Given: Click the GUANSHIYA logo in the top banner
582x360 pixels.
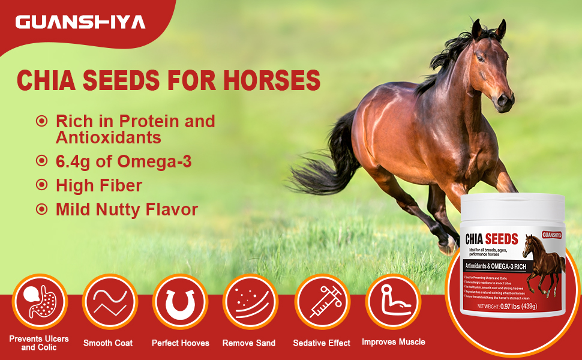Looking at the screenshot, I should click(x=80, y=23).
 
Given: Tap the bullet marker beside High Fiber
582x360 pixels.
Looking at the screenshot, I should click(x=41, y=185).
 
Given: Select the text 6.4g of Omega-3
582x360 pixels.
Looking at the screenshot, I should click(x=124, y=161).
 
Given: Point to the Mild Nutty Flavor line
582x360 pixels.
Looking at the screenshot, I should click(x=127, y=209).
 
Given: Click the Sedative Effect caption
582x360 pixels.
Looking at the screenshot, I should click(x=322, y=343).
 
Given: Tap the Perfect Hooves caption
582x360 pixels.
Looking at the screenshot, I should click(x=181, y=343).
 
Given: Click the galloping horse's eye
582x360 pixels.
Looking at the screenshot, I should click(x=481, y=58).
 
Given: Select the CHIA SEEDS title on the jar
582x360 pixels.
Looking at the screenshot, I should click(x=491, y=239).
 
